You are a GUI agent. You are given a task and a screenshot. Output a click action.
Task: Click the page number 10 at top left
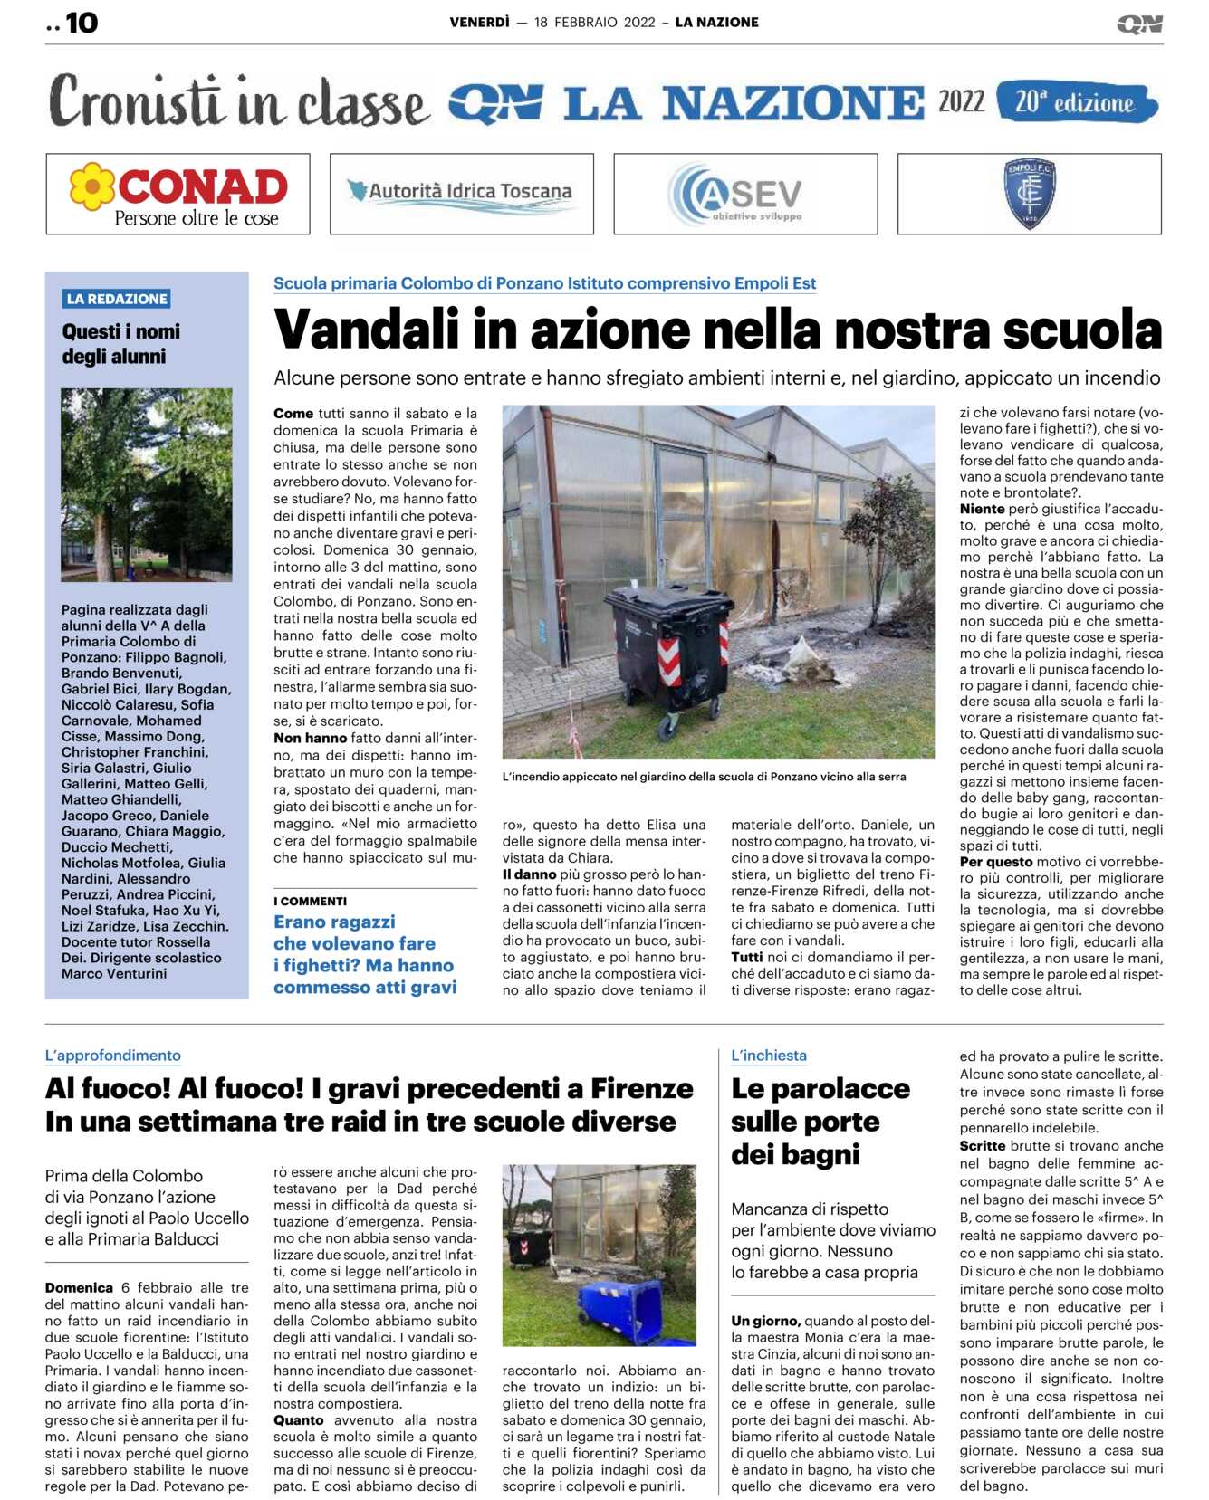tap(82, 23)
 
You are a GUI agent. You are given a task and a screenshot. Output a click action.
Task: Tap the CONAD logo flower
tap(92, 186)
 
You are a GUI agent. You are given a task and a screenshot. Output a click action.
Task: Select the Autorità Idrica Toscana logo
tap(461, 193)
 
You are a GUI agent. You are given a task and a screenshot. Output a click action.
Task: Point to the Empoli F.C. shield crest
tap(1030, 193)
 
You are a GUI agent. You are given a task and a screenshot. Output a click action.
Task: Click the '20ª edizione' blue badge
tap(1076, 102)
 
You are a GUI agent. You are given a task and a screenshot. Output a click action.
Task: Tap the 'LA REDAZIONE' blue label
tap(117, 299)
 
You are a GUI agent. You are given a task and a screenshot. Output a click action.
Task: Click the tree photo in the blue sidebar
tap(147, 484)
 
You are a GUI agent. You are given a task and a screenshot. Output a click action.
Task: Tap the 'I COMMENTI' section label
tap(311, 901)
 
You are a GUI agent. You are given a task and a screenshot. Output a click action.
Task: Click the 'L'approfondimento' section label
tap(113, 1056)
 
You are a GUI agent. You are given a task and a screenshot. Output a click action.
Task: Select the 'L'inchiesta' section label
tap(769, 1056)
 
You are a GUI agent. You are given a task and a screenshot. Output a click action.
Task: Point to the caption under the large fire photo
tap(704, 777)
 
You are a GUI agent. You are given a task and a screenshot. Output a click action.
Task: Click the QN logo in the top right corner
tap(1139, 24)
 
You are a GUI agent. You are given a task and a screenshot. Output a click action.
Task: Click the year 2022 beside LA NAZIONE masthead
tap(961, 101)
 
